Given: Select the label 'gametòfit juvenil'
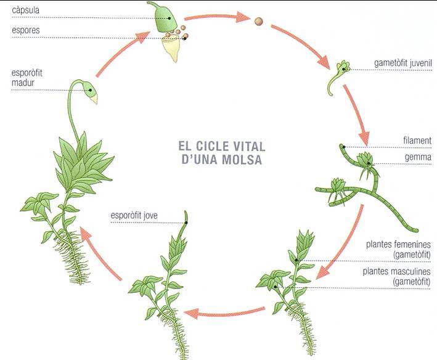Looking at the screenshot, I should tap(403, 63).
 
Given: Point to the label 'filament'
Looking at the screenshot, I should tap(418, 141).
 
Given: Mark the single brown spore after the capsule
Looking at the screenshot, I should tap(258, 22).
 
